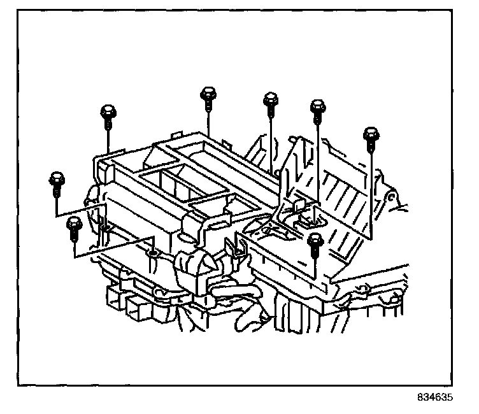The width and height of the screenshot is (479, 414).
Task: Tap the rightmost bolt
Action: [371, 136]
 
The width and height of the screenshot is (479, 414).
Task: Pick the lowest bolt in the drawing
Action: [315, 243]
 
